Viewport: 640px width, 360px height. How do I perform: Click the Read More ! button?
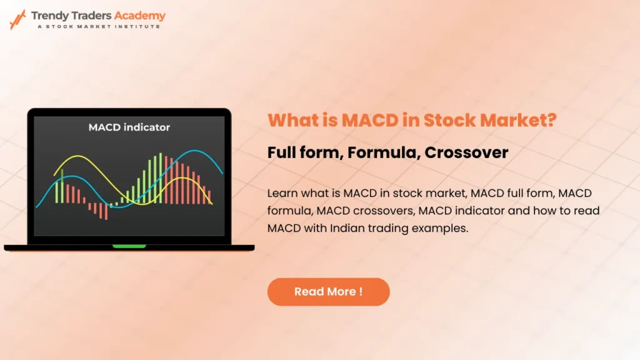coord(328,292)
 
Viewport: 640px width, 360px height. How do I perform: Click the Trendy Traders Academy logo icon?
coord(17,19)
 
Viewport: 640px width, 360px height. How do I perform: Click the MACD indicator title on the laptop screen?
coord(129,127)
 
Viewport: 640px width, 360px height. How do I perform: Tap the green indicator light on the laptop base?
coord(129,246)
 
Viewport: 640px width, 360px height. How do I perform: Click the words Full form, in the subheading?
coord(300,152)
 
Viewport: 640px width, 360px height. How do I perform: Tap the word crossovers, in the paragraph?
coord(385,211)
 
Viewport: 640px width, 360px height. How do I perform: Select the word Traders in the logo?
coord(91,16)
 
